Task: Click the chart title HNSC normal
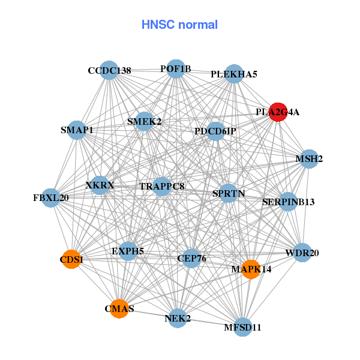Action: pos(179,25)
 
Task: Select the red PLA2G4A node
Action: pos(278,112)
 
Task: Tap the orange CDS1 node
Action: pos(71,259)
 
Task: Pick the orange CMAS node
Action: pos(119,308)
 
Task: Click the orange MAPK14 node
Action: pos(250,269)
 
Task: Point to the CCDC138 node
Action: pos(109,70)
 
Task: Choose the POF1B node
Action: pos(176,69)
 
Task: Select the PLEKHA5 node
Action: pos(235,74)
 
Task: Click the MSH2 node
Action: pos(309,159)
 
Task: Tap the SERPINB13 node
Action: pos(289,202)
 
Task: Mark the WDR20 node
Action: pos(302,253)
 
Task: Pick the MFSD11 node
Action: pos(242,327)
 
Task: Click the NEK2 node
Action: pos(178,318)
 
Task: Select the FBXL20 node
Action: pos(51,197)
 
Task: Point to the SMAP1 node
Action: pos(77,130)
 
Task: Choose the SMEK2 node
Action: pos(145,121)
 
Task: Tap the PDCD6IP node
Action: pos(215,131)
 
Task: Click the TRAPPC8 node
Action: pos(161,186)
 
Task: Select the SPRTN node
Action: pos(228,193)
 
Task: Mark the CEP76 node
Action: pos(191,259)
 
